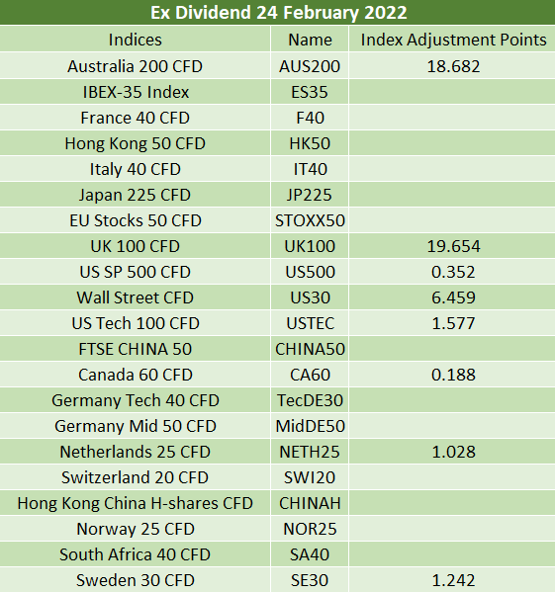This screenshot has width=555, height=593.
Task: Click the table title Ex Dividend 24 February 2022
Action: tap(279, 13)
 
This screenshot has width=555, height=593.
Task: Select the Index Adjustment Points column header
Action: tap(453, 41)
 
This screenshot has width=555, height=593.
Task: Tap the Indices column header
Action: tap(136, 40)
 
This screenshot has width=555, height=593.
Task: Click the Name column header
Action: tap(310, 40)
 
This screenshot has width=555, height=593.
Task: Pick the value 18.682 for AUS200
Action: tap(453, 66)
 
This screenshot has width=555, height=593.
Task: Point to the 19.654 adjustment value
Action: tap(453, 246)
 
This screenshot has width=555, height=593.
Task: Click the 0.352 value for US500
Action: tap(453, 273)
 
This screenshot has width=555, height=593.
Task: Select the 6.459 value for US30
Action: tap(453, 298)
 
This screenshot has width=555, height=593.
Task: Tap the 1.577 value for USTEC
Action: tap(453, 324)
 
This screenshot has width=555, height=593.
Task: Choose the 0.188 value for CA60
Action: tap(453, 376)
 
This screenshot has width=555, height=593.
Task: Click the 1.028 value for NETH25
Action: tap(453, 453)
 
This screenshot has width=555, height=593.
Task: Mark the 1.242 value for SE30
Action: tap(453, 580)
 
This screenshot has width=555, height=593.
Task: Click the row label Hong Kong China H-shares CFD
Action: tap(136, 504)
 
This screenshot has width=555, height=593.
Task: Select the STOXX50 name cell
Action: tap(310, 220)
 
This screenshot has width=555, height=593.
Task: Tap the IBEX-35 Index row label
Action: tap(136, 92)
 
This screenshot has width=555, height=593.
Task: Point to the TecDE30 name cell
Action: tap(310, 401)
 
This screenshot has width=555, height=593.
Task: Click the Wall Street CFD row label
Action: tap(136, 298)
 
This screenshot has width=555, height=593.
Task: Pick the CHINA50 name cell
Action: tap(310, 350)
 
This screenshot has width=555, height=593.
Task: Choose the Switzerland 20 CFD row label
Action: tap(136, 478)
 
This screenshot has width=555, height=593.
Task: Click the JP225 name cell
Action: tap(310, 195)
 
